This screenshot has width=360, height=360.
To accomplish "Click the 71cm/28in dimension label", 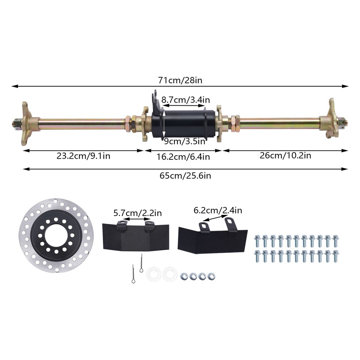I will point(180,80).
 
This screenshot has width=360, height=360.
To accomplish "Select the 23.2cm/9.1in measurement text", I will point(84,156).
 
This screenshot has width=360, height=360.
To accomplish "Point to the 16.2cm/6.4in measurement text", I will point(183,157).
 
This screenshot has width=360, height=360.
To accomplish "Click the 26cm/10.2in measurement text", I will point(285,155).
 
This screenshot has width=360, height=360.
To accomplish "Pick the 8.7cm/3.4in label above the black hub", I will point(185,100).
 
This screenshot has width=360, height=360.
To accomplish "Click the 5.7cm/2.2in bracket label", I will point(138,213).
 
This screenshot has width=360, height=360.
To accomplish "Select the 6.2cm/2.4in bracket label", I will point(218,210).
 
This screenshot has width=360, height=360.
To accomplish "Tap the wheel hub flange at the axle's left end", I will point(26,121).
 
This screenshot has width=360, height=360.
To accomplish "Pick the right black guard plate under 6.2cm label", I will point(212,240).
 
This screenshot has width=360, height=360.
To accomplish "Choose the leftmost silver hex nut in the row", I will point(184,276).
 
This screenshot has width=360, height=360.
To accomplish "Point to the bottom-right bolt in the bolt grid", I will point(335,255).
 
